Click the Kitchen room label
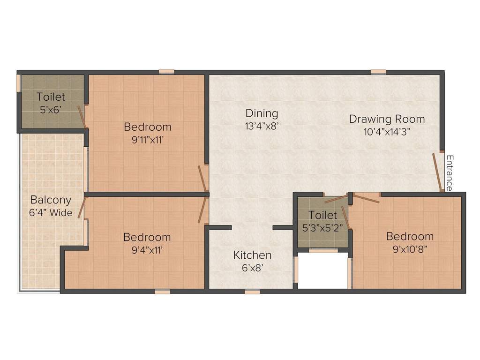(252, 255)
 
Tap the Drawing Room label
(387, 119)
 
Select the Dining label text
(262, 113)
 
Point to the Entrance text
(450, 173)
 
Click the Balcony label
(51, 200)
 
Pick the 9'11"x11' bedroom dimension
(148, 140)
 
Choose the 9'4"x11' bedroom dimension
(147, 250)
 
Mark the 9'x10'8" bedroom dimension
(410, 249)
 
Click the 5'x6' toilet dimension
(51, 109)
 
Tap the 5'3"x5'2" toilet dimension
(322, 228)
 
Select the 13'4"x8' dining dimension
(262, 126)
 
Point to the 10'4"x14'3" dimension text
(387, 132)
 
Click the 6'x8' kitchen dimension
(253, 268)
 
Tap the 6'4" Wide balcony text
(51, 212)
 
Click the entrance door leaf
(437, 172)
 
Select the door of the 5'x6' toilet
(82, 117)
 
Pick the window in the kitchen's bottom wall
(252, 292)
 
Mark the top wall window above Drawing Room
(378, 72)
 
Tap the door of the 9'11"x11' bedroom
(203, 179)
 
